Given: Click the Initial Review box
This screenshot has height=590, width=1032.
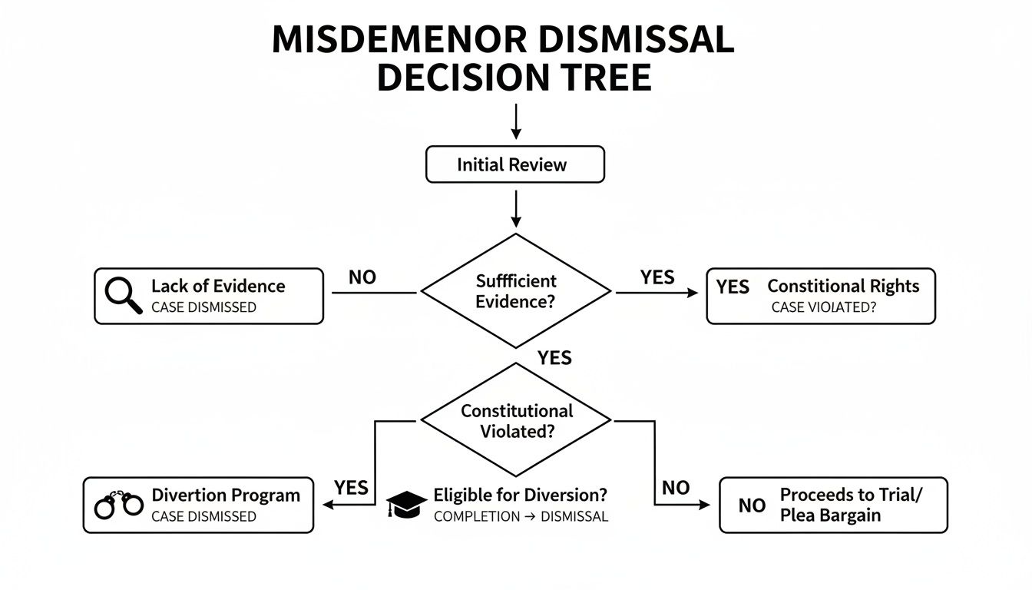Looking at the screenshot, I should pyautogui.click(x=514, y=165).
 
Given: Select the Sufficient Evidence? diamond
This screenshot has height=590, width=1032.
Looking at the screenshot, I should pyautogui.click(x=515, y=291).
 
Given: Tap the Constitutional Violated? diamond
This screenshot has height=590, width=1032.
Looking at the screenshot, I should pyautogui.click(x=516, y=421).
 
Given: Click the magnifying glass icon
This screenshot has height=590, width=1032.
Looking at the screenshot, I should pyautogui.click(x=123, y=296).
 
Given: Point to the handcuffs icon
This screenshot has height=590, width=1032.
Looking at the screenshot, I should pyautogui.click(x=118, y=504).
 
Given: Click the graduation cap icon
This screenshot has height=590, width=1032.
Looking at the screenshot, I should pyautogui.click(x=406, y=504).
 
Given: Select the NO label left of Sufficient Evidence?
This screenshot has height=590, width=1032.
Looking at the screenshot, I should pyautogui.click(x=362, y=277).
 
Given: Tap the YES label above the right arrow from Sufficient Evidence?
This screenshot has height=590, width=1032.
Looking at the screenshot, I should pyautogui.click(x=657, y=277).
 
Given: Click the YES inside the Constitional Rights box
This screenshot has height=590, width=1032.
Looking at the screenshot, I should pyautogui.click(x=732, y=287).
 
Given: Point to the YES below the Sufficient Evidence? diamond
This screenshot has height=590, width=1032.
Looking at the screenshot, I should pyautogui.click(x=554, y=357).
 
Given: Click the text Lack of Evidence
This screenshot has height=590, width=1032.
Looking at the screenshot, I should pyautogui.click(x=218, y=287).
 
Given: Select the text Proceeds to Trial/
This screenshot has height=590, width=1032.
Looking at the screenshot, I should pyautogui.click(x=851, y=495).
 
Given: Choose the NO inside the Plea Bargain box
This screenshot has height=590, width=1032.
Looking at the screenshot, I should pyautogui.click(x=752, y=505).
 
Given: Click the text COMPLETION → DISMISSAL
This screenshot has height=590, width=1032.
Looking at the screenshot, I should pyautogui.click(x=521, y=517).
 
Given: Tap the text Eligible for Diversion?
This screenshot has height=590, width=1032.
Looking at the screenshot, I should pyautogui.click(x=520, y=496).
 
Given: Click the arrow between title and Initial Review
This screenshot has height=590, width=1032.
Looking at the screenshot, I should pyautogui.click(x=515, y=122).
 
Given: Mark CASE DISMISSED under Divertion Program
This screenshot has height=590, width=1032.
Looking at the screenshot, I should pyautogui.click(x=203, y=517).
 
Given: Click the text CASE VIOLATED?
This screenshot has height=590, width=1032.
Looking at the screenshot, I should pyautogui.click(x=824, y=307).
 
